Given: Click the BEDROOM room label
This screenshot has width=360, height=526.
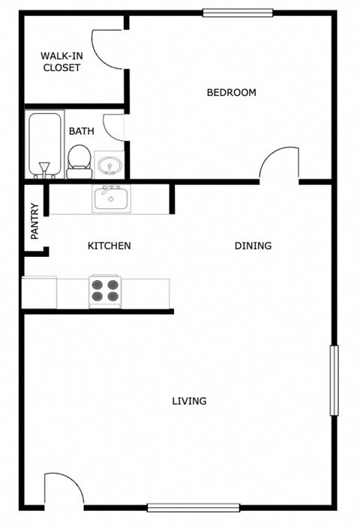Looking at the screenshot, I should click(231, 93).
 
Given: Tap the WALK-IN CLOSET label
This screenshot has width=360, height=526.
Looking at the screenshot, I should click(61, 62).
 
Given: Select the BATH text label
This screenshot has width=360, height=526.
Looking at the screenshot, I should click(81, 131).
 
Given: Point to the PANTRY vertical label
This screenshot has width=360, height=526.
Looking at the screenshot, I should click(34, 221).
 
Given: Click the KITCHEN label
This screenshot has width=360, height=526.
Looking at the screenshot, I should click(109, 246).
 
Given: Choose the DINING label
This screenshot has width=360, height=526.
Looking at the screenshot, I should click(253, 246).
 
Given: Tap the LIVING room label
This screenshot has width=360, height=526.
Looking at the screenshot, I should click(189, 401).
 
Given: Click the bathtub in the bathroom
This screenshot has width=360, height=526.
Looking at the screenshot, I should click(43, 145).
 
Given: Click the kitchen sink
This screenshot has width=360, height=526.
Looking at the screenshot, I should click(110, 199).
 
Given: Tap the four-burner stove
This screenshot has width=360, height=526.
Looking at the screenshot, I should click(105, 291).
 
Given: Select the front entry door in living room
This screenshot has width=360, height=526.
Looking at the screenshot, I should click(63, 491).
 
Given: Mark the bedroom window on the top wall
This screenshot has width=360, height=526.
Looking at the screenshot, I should click(238, 13).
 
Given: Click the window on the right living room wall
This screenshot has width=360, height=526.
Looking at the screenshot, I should click(334, 380).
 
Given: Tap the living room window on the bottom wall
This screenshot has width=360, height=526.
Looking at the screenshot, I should click(193, 507).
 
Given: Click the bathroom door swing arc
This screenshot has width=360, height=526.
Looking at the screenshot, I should click(112, 127).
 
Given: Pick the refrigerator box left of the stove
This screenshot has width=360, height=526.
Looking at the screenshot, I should click(39, 292).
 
